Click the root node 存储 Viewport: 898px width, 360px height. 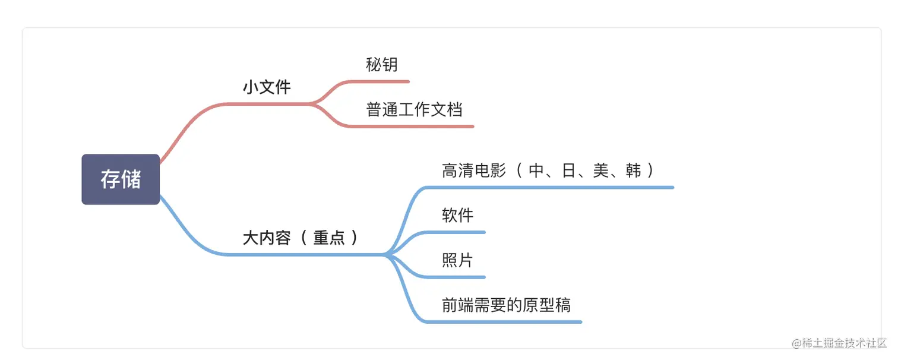click(121, 179)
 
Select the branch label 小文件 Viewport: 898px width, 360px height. click(267, 87)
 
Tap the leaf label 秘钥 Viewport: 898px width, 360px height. click(382, 65)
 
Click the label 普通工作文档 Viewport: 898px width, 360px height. click(414, 109)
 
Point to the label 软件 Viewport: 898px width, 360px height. click(457, 215)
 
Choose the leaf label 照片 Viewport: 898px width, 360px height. click(457, 260)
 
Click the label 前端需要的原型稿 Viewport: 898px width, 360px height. click(507, 305)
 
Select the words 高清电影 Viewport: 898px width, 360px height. click(474, 170)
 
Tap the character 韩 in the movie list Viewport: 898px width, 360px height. click(633, 170)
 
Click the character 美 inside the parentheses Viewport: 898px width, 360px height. click(601, 170)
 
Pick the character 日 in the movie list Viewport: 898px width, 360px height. click(568, 170)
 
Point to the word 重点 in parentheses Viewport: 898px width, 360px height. click(329, 238)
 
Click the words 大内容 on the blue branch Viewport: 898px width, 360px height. click(267, 238)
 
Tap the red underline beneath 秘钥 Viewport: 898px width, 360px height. click(379, 82)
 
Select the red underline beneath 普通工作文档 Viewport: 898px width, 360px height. click(412, 127)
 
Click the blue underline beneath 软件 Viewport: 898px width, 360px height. click(455, 232)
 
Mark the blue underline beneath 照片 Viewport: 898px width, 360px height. click(455, 277)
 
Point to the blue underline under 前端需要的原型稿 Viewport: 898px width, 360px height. click(504, 323)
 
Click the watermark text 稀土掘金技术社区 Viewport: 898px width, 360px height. click(844, 343)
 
